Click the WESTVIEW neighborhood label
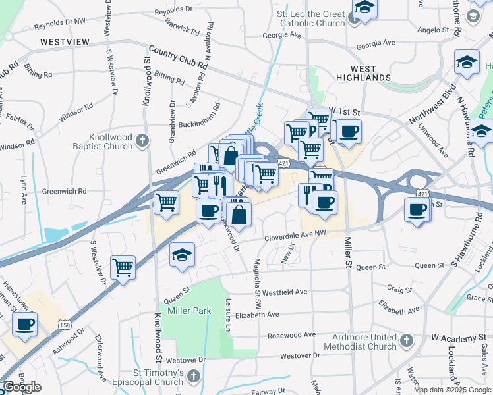65,41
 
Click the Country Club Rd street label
178,57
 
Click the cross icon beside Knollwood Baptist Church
144,140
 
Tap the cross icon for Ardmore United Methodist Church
407,340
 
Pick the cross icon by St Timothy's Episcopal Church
193,376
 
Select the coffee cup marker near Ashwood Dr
24,324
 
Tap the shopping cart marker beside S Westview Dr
123,267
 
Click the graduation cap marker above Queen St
181,255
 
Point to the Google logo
22,388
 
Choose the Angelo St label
432,30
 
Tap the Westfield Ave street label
285,292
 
